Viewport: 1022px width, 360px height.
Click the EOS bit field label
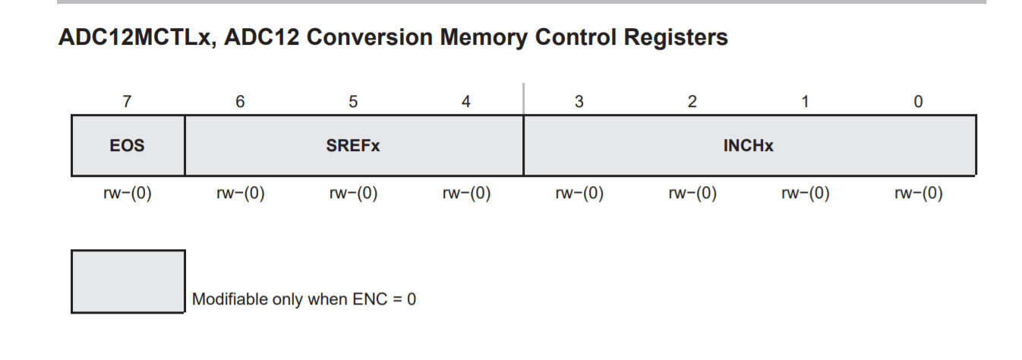pyautogui.click(x=127, y=146)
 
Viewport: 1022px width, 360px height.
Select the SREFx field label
pyautogui.click(x=353, y=146)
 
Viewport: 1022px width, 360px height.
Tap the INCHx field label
pyautogui.click(x=748, y=146)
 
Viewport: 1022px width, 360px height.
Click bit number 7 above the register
pyautogui.click(x=127, y=102)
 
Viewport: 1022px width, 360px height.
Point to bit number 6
pyautogui.click(x=240, y=102)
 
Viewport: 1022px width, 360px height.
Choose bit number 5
pyautogui.click(x=353, y=102)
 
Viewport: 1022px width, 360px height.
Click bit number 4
pyautogui.click(x=466, y=102)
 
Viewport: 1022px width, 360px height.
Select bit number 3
pyautogui.click(x=579, y=102)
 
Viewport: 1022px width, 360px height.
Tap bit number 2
pyautogui.click(x=692, y=102)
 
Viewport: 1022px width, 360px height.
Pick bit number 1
pyautogui.click(x=805, y=102)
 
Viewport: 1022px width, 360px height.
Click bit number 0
pyautogui.click(x=919, y=102)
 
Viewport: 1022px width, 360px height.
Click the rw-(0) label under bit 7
pyautogui.click(x=127, y=194)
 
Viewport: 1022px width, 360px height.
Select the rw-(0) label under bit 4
pyautogui.click(x=466, y=194)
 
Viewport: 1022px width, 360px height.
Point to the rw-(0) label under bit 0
pyautogui.click(x=919, y=194)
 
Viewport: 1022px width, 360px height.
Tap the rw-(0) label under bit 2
pyautogui.click(x=692, y=194)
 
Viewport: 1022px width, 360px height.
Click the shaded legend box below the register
pyautogui.click(x=128, y=281)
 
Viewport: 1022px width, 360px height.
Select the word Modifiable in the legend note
pyautogui.click(x=229, y=299)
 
